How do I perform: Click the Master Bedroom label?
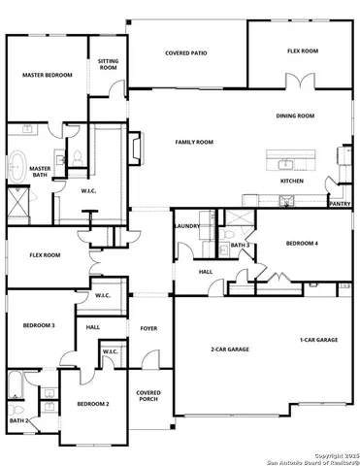(x=47, y=75)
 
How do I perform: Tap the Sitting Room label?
(x=109, y=65)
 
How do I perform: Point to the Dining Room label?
(x=296, y=116)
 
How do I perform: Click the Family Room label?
(x=194, y=142)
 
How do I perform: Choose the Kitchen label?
(x=292, y=181)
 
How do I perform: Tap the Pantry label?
(x=340, y=204)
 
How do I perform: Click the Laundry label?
(x=187, y=226)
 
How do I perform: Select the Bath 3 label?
(x=241, y=246)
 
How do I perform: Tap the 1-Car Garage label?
(x=318, y=340)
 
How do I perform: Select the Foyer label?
(x=148, y=328)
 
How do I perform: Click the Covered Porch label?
(x=148, y=396)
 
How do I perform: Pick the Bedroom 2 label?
(x=93, y=403)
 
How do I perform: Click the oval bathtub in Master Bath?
(x=16, y=167)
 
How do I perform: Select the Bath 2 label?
(x=17, y=420)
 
